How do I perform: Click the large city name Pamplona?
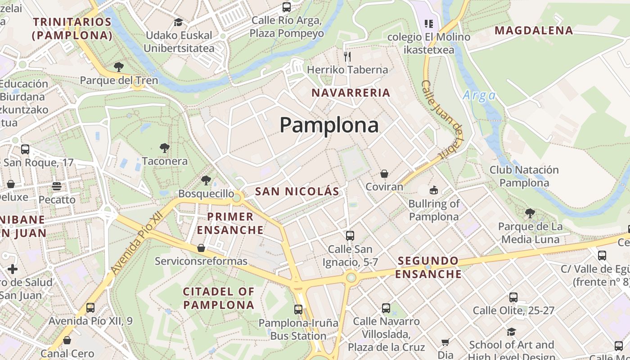point(329,125)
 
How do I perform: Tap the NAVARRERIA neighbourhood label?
point(351,93)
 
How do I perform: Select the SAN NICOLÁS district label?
point(297,191)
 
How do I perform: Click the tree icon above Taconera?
point(165,148)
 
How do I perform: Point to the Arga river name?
point(479,95)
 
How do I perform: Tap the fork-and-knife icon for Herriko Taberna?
point(347,56)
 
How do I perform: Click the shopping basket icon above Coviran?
point(384,174)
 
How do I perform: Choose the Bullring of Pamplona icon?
point(434,190)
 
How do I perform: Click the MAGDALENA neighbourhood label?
point(534,31)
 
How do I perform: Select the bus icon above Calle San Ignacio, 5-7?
point(350,235)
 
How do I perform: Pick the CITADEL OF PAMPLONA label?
point(219,298)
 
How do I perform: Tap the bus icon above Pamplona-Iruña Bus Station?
point(298,310)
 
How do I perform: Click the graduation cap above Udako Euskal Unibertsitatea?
point(179,22)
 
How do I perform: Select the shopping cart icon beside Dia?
point(445,342)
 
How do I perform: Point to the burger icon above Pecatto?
point(57,186)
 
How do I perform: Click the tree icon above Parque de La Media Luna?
point(530,213)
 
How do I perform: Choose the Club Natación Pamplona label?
point(524,176)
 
